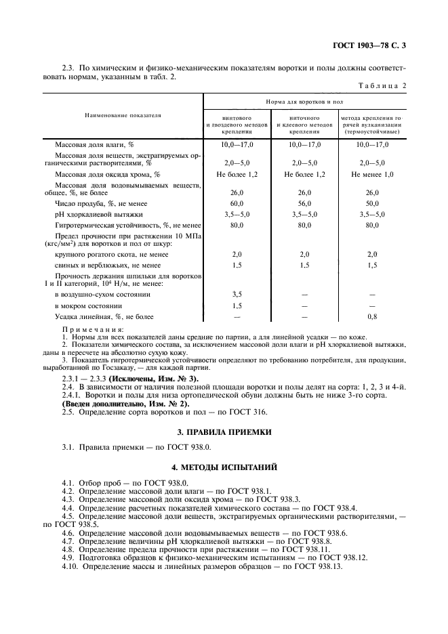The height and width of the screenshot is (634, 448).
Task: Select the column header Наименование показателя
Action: coord(123,116)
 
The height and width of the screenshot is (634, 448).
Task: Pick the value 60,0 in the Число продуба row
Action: coord(237,203)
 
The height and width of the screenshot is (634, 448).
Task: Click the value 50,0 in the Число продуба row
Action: coord(371,203)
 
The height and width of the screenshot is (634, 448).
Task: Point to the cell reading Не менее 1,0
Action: coord(371,174)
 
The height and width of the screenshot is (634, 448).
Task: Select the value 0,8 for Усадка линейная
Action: coord(371,316)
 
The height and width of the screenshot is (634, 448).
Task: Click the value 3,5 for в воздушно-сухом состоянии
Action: coord(237,295)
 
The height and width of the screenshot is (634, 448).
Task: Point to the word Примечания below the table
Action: coord(85,329)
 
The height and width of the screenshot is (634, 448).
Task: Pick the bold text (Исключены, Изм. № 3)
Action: coord(153,377)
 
